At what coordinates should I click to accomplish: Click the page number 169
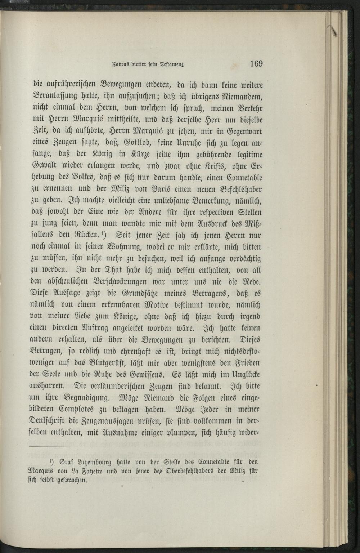pyautogui.click(x=256, y=64)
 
